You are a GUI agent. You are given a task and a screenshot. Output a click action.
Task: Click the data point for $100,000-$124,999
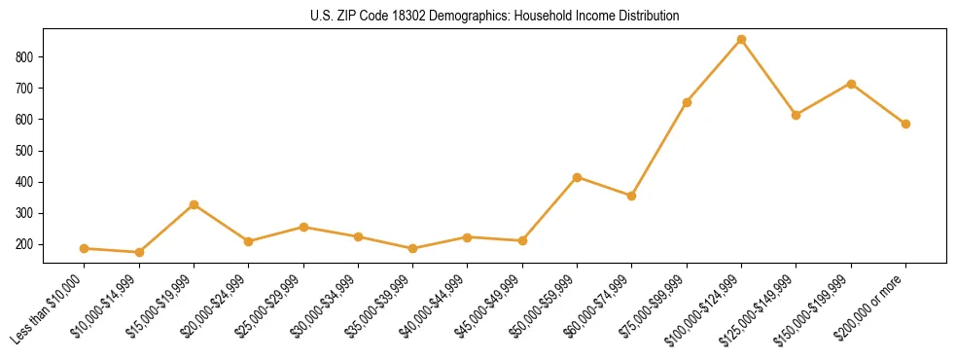click(741, 40)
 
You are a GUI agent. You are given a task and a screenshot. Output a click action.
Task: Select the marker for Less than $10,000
click(85, 248)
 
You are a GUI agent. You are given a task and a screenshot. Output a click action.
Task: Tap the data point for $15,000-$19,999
click(194, 204)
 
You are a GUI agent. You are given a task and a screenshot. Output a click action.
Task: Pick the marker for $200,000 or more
click(905, 124)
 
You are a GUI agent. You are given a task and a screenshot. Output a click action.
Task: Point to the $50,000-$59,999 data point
click(578, 177)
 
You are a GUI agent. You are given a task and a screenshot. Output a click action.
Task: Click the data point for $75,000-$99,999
click(687, 102)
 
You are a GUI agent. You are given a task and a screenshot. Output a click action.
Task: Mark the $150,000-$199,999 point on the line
click(851, 84)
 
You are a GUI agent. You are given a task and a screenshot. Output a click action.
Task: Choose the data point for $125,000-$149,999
click(796, 115)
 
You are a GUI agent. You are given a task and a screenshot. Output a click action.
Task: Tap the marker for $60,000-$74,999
click(632, 196)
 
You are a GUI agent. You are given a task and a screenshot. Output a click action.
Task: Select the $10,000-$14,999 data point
click(139, 252)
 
